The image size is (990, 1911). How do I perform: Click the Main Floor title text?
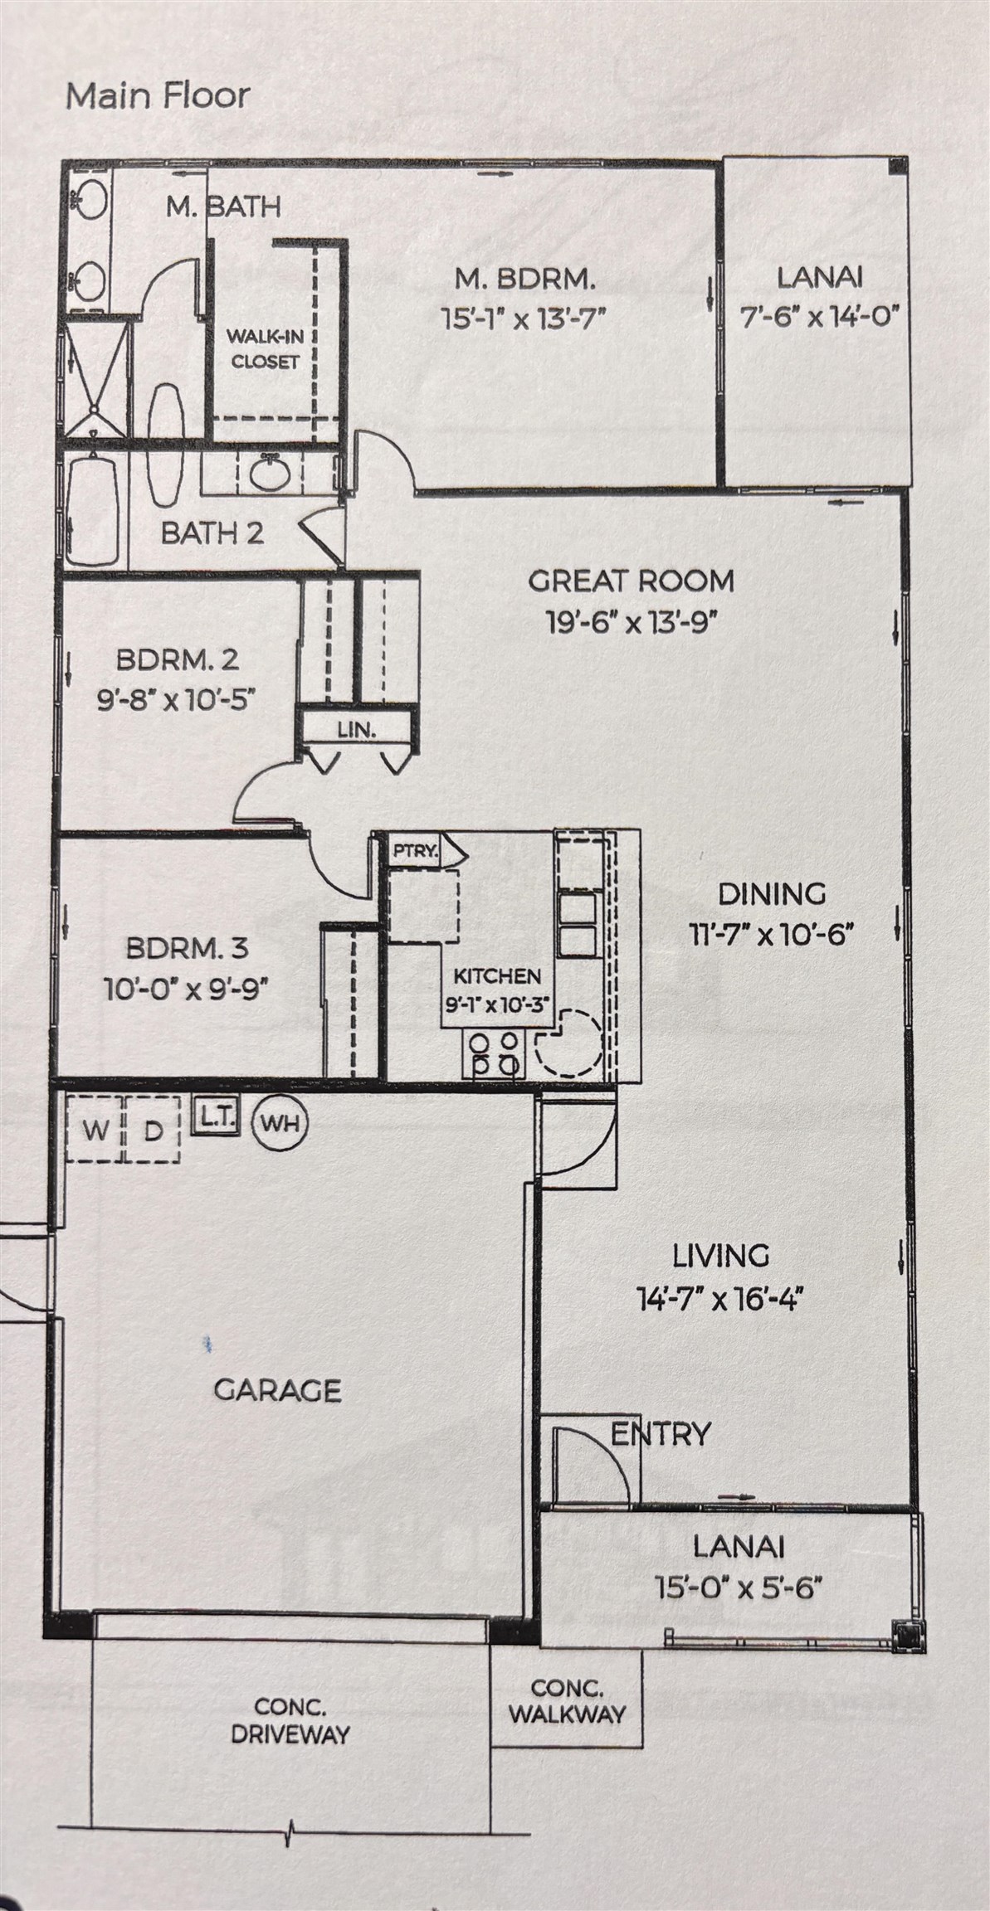click(x=157, y=96)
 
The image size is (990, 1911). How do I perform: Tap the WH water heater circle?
click(x=280, y=1124)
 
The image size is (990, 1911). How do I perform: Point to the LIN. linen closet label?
click(x=357, y=731)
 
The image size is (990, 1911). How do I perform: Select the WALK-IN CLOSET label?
click(x=265, y=349)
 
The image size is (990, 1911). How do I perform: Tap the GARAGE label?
click(x=277, y=1390)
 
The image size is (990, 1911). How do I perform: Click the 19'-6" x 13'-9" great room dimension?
click(x=631, y=621)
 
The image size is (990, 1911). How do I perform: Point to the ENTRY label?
click(x=661, y=1433)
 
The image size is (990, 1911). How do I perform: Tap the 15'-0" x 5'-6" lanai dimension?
click(x=738, y=1588)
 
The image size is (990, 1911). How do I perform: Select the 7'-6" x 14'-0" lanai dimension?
click(x=820, y=317)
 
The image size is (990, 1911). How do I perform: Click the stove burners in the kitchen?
click(x=495, y=1053)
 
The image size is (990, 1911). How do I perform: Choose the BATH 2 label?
click(x=212, y=532)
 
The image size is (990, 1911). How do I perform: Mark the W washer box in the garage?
click(x=95, y=1129)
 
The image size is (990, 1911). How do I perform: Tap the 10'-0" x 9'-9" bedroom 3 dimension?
click(x=186, y=989)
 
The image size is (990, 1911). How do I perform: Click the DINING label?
click(x=772, y=893)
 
